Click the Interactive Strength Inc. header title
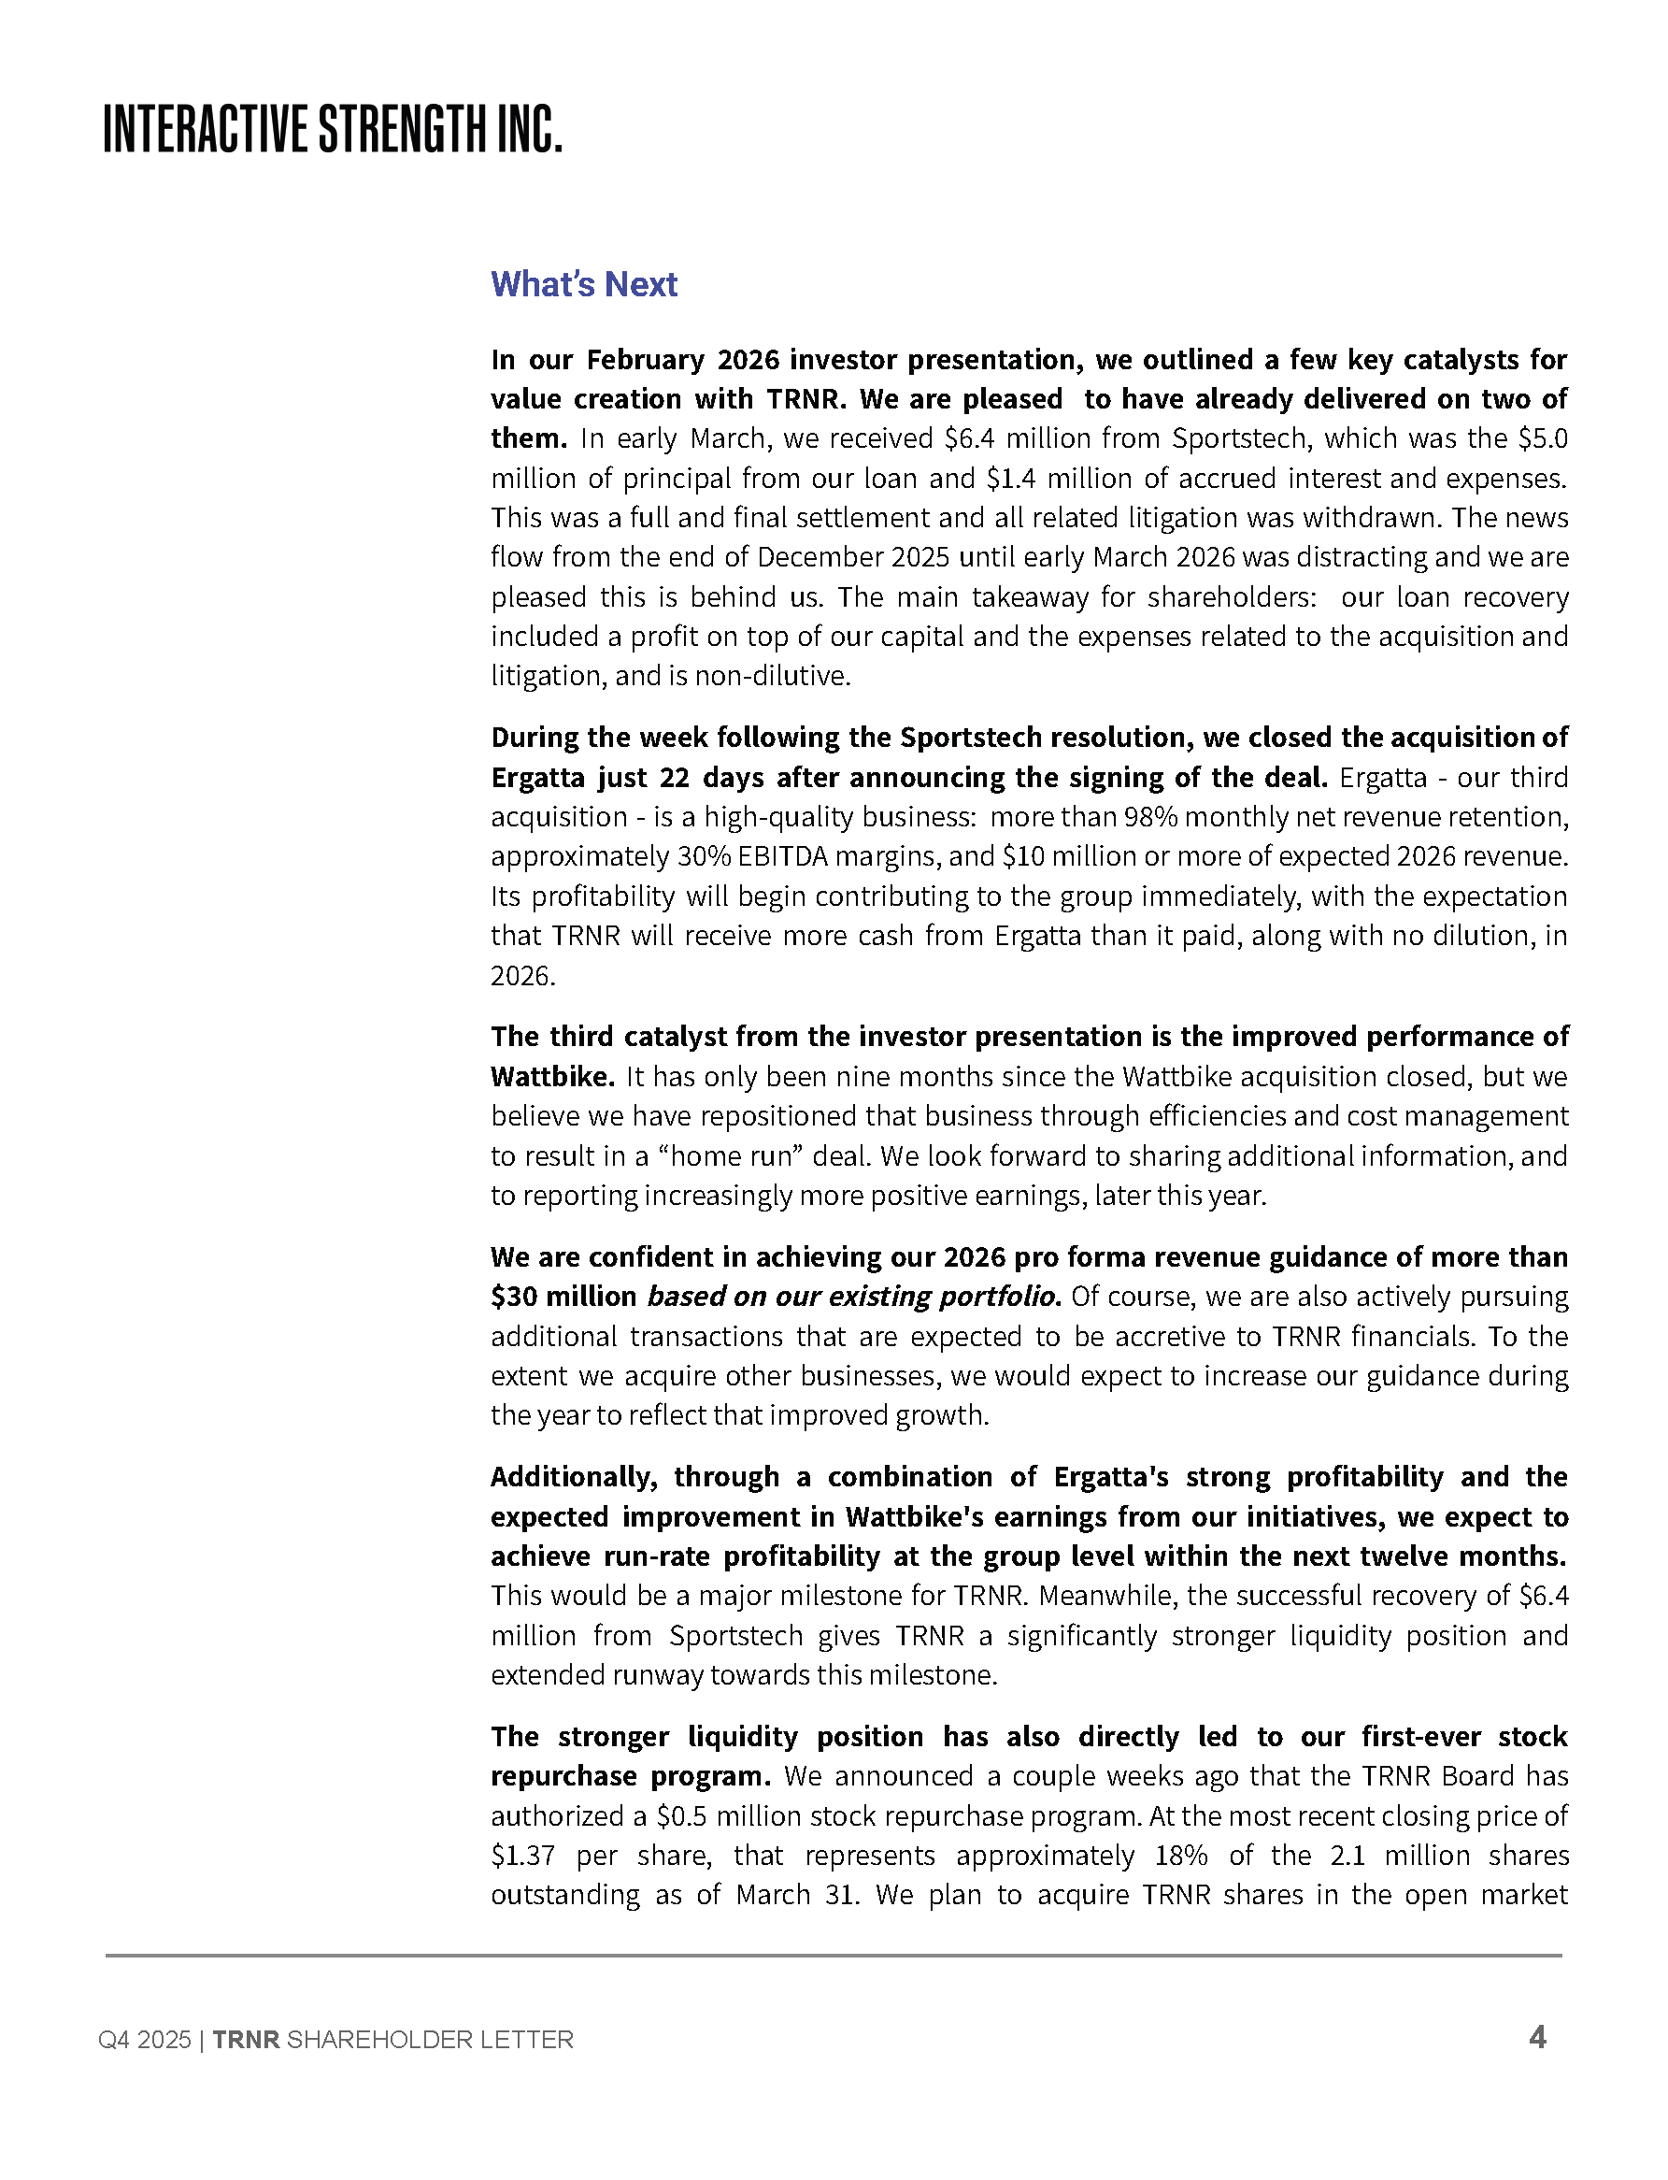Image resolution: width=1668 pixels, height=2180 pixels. [333, 129]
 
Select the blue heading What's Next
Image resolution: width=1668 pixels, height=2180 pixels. [584, 285]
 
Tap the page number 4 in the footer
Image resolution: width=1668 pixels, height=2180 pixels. [1537, 2038]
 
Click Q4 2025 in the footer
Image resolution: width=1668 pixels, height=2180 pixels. [144, 2040]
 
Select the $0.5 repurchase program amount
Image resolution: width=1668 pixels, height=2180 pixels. [682, 1816]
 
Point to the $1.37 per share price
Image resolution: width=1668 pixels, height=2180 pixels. [523, 1857]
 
